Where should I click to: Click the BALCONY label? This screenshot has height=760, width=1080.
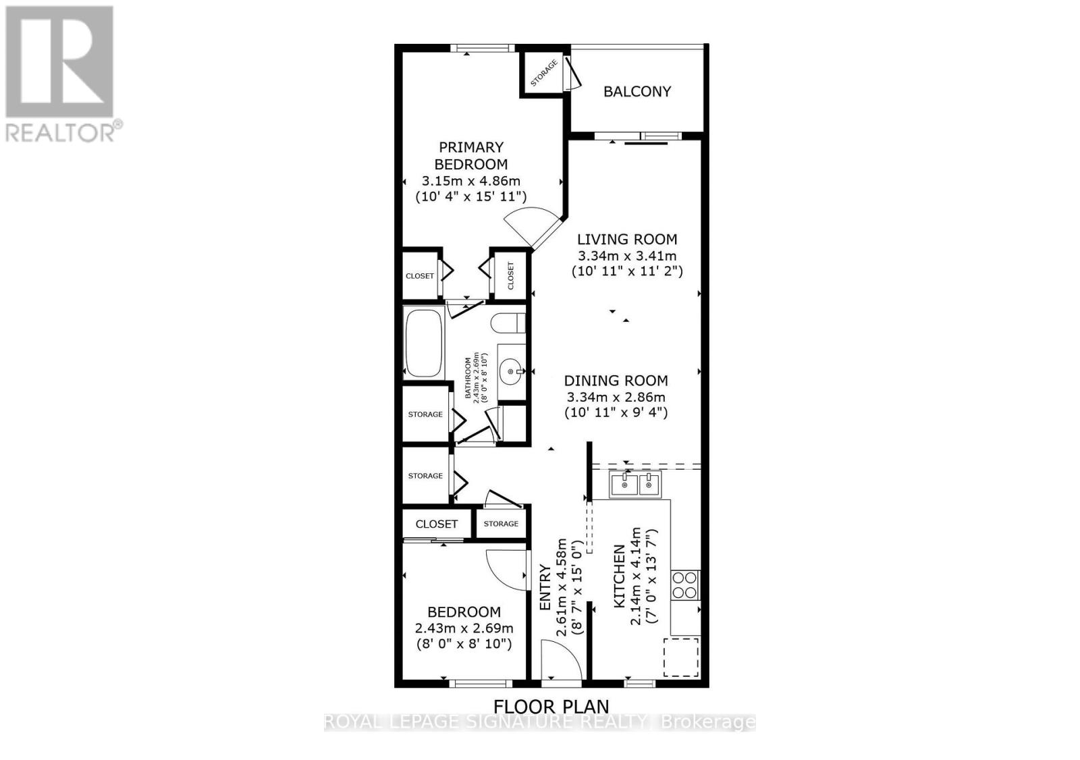(x=637, y=92)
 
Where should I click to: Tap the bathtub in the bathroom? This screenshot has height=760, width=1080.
(x=423, y=342)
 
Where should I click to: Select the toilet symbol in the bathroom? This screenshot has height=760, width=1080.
(x=510, y=323)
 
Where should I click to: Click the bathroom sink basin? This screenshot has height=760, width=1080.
(x=510, y=370)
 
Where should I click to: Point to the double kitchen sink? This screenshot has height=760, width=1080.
(x=636, y=484)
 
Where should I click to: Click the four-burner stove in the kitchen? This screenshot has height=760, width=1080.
(x=684, y=585)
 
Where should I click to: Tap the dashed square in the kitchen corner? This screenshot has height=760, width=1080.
(x=681, y=657)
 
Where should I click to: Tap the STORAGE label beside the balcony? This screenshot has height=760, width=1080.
(x=544, y=73)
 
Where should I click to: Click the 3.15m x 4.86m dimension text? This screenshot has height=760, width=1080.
(x=471, y=181)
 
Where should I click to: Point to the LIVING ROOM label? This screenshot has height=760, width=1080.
(x=627, y=239)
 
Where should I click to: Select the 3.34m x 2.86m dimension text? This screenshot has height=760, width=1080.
(x=616, y=397)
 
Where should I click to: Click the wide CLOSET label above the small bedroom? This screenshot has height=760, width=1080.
(x=437, y=524)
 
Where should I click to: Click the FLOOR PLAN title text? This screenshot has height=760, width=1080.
(x=551, y=707)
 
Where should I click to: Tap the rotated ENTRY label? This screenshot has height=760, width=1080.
(x=545, y=587)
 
